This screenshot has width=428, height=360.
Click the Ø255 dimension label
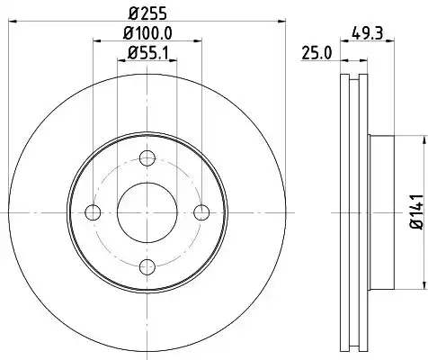coord(147,13)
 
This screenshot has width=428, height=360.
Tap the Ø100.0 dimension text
coord(147,33)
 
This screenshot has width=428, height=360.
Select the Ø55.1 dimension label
coord(148,53)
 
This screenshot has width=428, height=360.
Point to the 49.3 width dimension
coord(368,32)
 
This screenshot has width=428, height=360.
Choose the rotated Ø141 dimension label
coord(417,211)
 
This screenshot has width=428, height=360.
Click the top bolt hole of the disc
coord(147,158)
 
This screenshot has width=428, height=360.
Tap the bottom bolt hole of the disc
coord(147,266)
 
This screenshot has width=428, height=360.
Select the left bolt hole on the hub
coord(93,212)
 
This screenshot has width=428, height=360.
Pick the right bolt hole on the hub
coord(201,212)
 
